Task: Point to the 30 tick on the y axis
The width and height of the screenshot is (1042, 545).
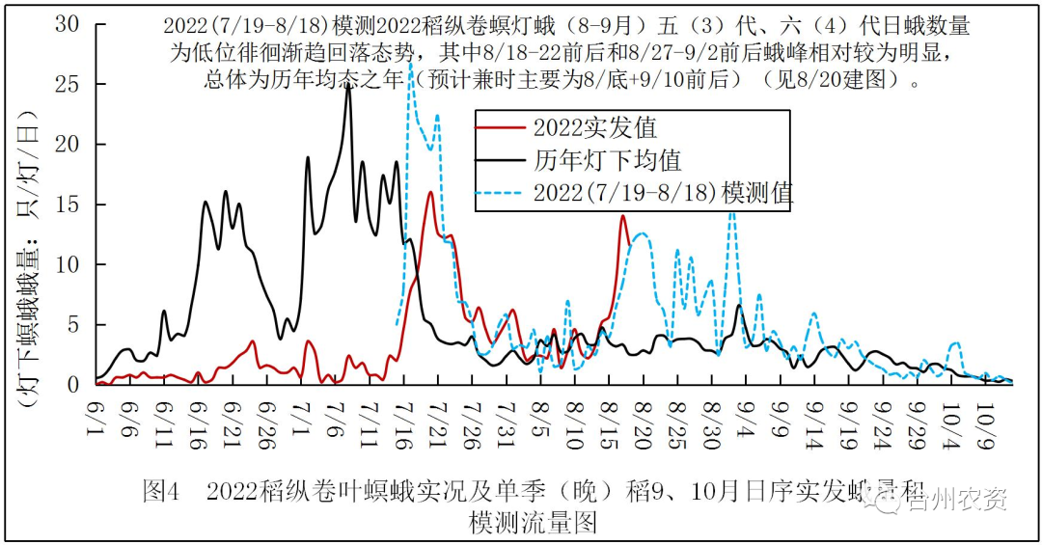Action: pyautogui.click(x=67, y=23)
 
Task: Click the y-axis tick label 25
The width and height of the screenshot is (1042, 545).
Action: pyautogui.click(x=67, y=84)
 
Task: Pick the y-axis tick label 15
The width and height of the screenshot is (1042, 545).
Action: pyautogui.click(x=67, y=204)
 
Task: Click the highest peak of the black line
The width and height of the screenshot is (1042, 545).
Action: pyautogui.click(x=348, y=86)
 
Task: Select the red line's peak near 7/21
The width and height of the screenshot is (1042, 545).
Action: pyautogui.click(x=430, y=192)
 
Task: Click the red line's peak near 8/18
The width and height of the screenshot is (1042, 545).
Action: pyautogui.click(x=623, y=216)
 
